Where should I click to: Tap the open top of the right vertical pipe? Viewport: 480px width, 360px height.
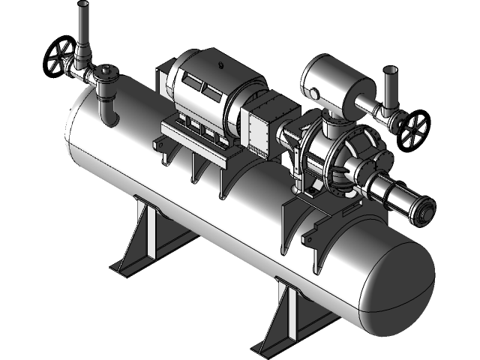tap(389, 71)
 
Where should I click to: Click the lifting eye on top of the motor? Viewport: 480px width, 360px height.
tap(217, 57)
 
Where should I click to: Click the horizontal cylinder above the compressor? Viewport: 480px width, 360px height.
tap(334, 82)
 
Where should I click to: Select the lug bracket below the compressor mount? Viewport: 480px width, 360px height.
tap(309, 238)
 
